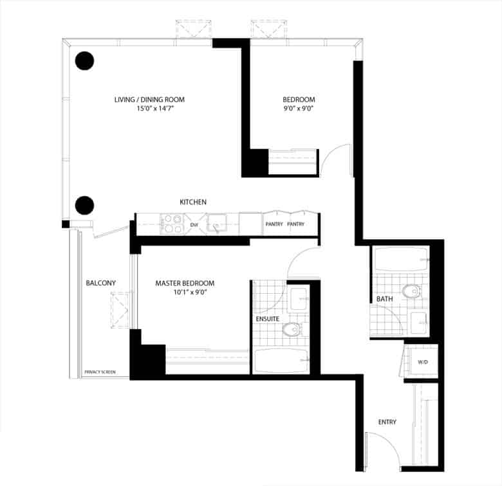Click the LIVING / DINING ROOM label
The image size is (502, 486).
(x=149, y=100)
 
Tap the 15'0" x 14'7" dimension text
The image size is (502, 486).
(x=155, y=109)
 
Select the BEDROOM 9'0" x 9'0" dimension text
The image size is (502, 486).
(x=299, y=109)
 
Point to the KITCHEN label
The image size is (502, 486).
(x=193, y=202)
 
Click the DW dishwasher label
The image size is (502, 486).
(x=194, y=225)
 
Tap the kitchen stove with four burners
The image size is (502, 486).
(x=173, y=224)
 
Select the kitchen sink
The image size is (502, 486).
(x=217, y=223)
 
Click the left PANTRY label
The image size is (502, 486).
(x=274, y=224)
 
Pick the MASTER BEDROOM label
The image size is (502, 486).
(x=185, y=283)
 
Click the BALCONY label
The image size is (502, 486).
(x=101, y=283)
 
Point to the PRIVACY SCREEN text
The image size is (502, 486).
(x=100, y=372)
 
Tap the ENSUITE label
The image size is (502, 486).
(x=268, y=319)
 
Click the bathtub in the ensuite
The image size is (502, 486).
(x=281, y=361)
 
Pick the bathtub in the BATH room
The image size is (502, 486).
(x=402, y=259)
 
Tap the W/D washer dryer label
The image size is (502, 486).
(x=423, y=363)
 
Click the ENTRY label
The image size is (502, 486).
(x=387, y=422)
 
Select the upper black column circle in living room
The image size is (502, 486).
(x=84, y=60)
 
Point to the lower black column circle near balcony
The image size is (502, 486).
(x=84, y=205)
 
